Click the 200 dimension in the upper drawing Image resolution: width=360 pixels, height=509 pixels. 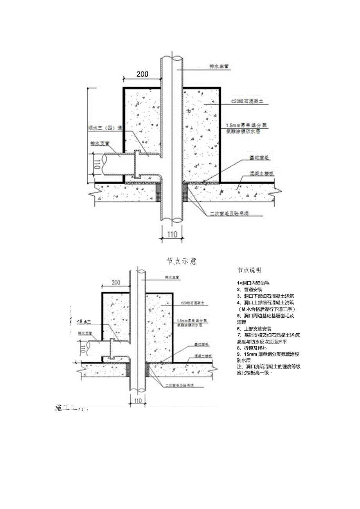click(142, 74)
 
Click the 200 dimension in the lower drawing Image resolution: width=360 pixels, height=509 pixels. click(116, 282)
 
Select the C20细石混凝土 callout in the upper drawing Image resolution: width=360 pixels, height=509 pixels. click(247, 101)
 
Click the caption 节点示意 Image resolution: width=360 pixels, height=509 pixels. click(181, 261)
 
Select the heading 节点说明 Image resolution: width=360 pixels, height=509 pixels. click(249, 270)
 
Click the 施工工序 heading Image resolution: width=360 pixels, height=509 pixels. click(72, 408)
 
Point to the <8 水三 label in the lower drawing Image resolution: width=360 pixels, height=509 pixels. click(84, 321)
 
